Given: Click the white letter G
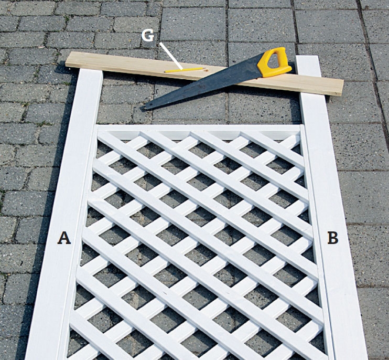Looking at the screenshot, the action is pyautogui.click(x=148, y=36).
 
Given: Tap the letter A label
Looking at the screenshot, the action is pyautogui.click(x=64, y=238).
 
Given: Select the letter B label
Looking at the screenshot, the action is pyautogui.click(x=333, y=238).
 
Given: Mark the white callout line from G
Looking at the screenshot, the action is pyautogui.click(x=171, y=56).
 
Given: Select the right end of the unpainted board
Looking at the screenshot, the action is pyautogui.click(x=342, y=88).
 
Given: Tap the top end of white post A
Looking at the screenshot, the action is pyautogui.click(x=91, y=70).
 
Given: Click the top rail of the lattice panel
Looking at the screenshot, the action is pyautogui.click(x=199, y=128).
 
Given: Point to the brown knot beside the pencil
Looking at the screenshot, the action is pyautogui.click(x=206, y=71).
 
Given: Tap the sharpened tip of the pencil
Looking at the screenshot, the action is pyautogui.click(x=203, y=67).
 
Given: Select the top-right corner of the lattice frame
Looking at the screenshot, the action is pyautogui.click(x=301, y=125).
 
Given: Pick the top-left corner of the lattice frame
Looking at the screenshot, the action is pyautogui.click(x=97, y=125).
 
